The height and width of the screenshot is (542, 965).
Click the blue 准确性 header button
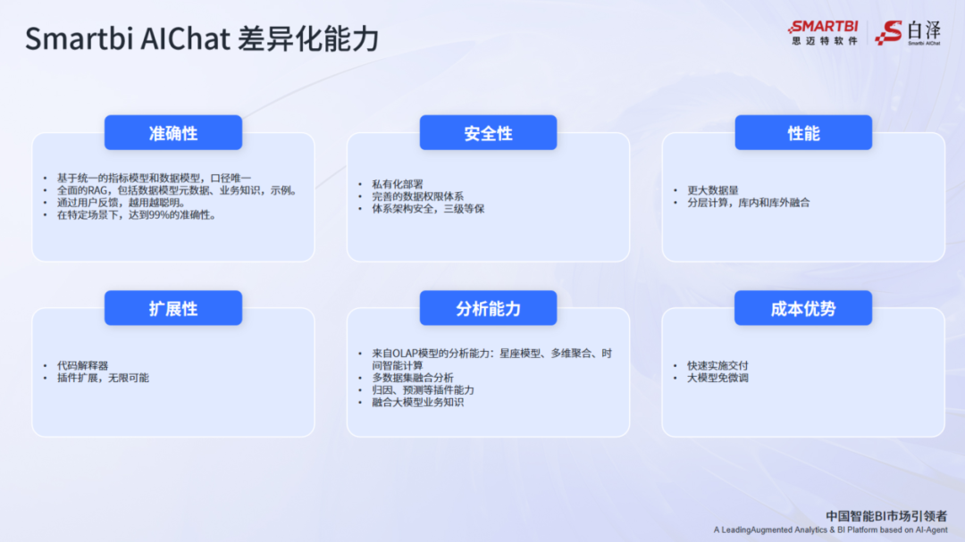(173, 133)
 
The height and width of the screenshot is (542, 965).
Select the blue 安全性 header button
(488, 133)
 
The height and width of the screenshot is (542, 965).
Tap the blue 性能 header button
(802, 133)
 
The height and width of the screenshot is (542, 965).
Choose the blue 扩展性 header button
(173, 308)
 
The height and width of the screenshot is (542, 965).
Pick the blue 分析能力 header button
(488, 308)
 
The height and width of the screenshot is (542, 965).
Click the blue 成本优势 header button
(802, 308)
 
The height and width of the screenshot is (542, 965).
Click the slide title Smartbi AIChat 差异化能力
(202, 39)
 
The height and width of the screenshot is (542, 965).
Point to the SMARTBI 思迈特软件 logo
(823, 32)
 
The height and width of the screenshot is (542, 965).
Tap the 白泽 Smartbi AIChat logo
(908, 32)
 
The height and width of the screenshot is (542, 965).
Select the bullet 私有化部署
(398, 184)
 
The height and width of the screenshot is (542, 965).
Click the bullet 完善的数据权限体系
(417, 196)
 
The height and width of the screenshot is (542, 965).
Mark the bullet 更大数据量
(712, 190)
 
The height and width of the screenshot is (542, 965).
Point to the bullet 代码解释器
(82, 366)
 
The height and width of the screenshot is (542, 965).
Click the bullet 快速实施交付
(717, 366)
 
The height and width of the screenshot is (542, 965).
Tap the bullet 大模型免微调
(717, 379)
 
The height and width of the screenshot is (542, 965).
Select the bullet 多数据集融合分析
(413, 378)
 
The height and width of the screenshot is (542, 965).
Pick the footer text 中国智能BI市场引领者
(885, 515)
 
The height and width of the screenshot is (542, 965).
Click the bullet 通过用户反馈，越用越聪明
(121, 203)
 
